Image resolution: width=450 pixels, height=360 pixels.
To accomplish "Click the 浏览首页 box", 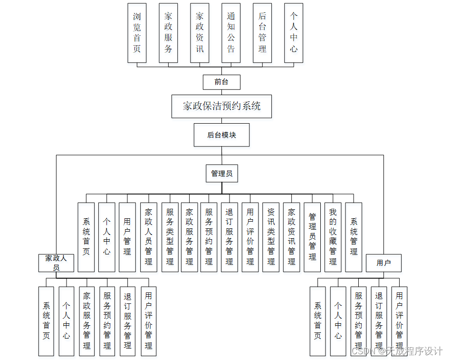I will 137,33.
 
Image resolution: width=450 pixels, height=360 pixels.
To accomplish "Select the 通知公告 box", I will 231,33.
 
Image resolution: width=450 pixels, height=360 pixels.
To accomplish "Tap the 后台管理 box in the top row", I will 262,33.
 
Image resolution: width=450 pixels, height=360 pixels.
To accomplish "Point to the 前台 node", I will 221,82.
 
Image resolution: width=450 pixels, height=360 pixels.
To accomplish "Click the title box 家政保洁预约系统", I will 222,106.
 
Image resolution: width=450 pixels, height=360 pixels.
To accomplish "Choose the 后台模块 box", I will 221,135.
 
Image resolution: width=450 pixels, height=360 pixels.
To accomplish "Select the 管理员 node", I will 222,174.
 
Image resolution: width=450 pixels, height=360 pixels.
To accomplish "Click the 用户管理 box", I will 127,237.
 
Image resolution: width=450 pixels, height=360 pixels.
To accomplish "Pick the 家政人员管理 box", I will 149,237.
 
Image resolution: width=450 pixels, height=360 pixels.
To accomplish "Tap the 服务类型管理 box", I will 170,237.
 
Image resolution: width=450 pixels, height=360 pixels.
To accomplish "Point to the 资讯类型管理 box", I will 271,237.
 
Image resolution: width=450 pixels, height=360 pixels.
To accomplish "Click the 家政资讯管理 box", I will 292,237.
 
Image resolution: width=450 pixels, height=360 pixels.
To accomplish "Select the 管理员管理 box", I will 312,237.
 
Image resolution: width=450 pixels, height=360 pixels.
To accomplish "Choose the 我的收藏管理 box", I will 333,237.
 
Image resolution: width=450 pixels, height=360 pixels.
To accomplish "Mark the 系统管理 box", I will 354,237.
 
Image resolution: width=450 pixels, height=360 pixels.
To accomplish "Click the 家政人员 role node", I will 56,263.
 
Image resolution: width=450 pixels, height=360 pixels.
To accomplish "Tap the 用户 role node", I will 383,263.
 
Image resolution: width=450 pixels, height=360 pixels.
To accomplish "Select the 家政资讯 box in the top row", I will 200,33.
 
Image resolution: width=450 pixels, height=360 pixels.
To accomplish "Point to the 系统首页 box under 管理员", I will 86,237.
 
